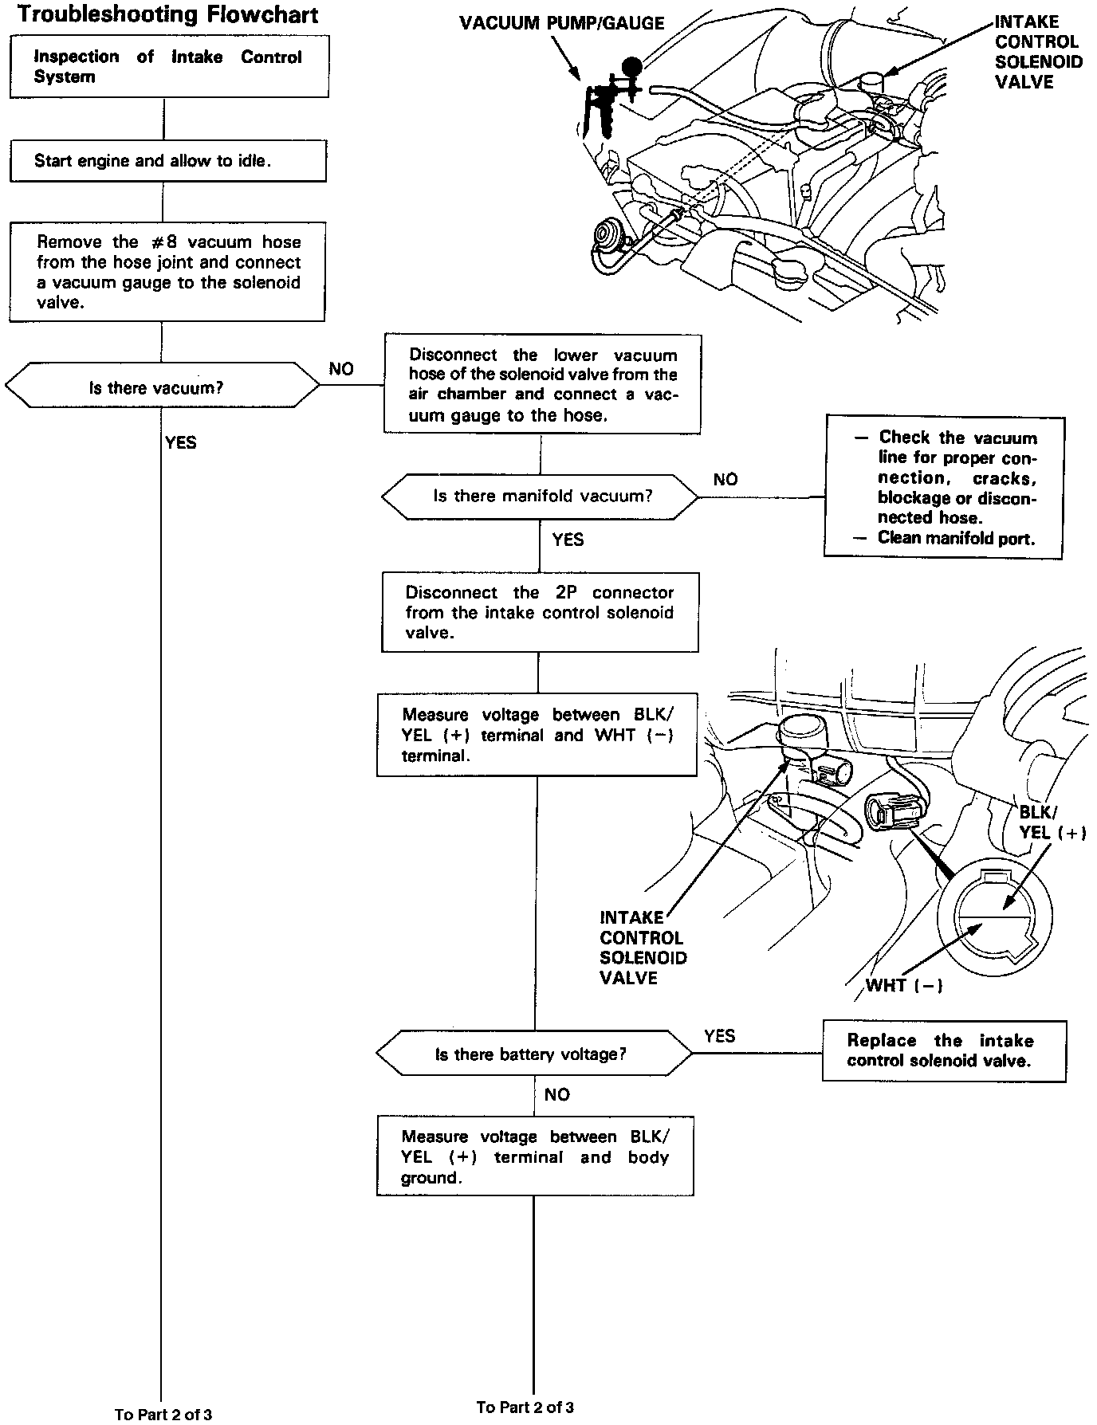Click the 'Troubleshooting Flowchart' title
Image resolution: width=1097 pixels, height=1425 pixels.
(168, 14)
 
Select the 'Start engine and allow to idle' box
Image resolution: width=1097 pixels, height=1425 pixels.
(167, 161)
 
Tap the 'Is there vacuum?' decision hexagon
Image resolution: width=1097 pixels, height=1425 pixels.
(162, 388)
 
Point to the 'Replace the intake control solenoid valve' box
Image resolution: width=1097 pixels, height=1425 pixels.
(943, 1050)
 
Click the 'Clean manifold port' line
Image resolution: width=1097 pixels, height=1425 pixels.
(955, 538)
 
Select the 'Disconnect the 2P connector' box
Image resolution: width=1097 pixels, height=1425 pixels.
(540, 612)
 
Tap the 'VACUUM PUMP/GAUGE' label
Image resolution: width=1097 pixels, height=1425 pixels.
(562, 23)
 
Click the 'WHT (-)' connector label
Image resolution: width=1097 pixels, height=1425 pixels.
(904, 985)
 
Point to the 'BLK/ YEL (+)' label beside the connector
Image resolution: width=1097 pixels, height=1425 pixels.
(1052, 822)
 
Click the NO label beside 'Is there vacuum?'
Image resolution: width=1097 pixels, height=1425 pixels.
(341, 369)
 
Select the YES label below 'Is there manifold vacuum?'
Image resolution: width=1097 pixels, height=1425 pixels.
(568, 540)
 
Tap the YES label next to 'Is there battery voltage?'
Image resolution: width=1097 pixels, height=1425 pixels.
(719, 1035)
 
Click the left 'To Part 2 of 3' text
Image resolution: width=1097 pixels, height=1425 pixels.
(163, 1415)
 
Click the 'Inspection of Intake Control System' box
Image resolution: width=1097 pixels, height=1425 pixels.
(168, 67)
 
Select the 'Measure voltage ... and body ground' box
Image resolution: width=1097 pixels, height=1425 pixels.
(535, 1157)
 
